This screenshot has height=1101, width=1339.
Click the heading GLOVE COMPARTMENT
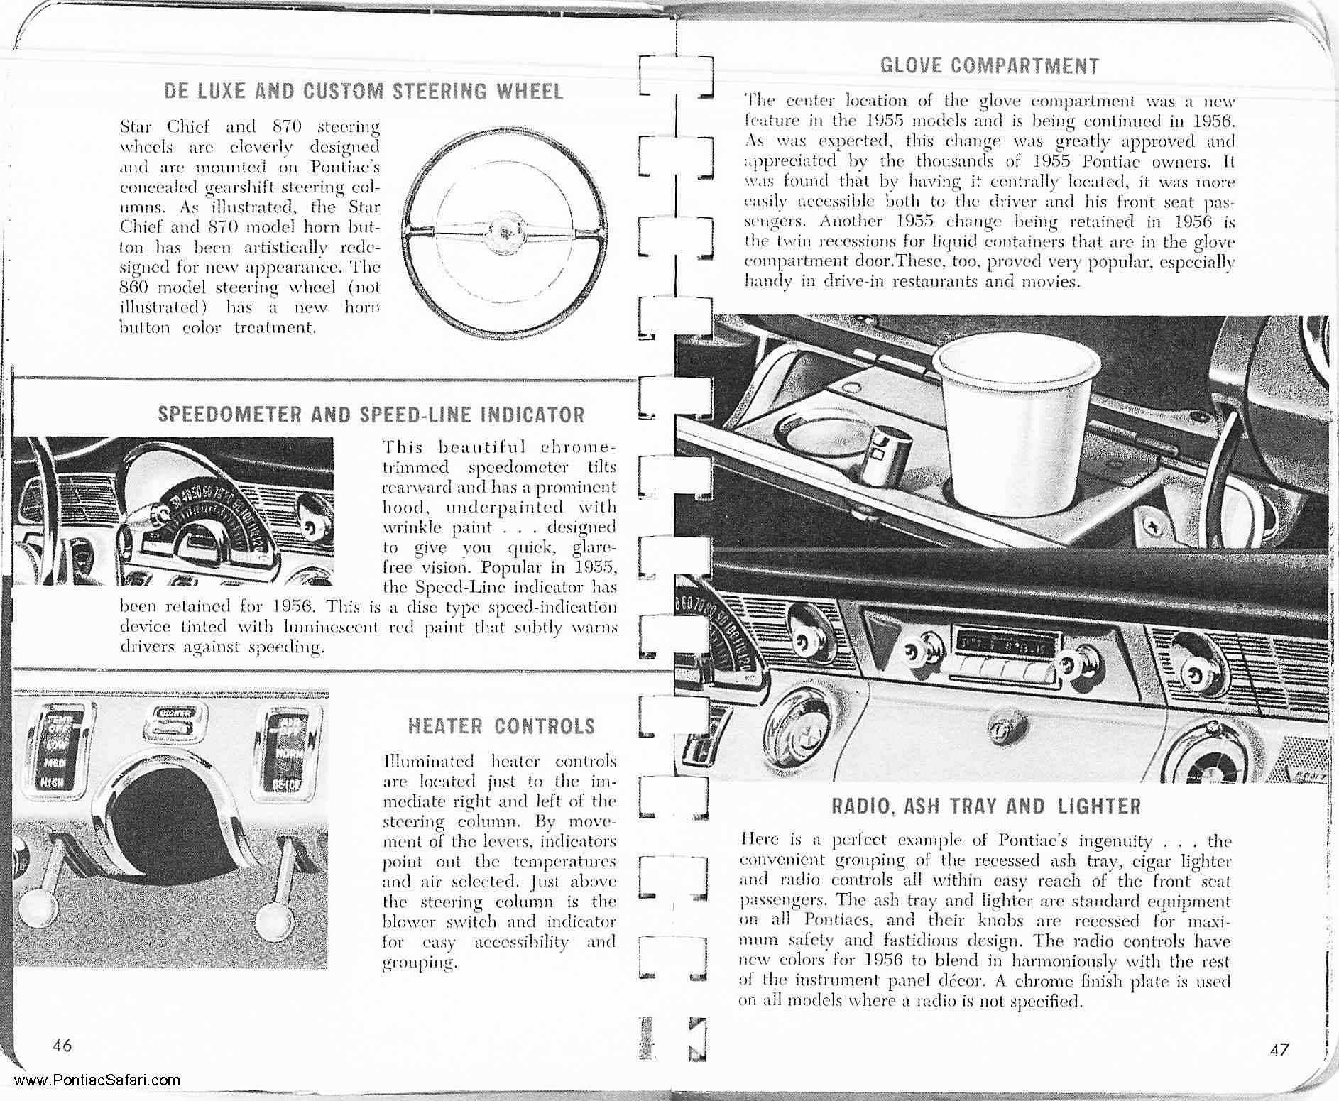coord(989,66)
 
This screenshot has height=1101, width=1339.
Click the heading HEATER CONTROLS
coord(501,726)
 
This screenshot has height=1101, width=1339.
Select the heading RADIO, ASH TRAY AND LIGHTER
coord(985,806)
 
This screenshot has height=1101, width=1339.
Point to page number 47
coord(1280,1049)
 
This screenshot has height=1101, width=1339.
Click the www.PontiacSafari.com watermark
coord(97,1081)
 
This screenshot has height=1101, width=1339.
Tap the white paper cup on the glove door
coord(1007,419)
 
